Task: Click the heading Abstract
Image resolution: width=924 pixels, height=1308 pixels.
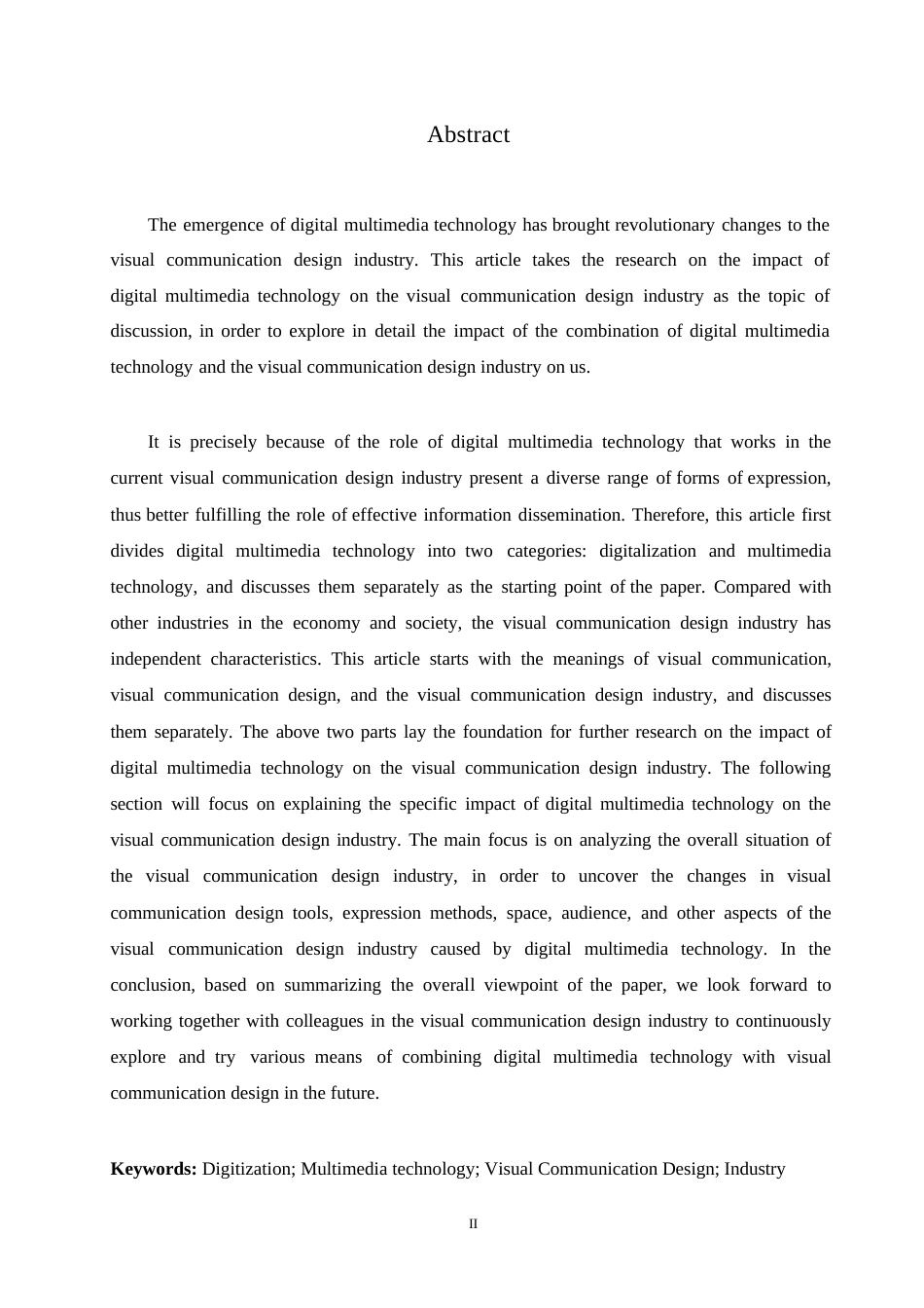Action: coord(468,134)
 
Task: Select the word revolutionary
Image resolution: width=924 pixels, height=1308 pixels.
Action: coord(664,225)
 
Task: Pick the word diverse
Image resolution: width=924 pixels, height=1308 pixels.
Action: coord(573,478)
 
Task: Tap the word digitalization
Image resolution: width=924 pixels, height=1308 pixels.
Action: coord(647,551)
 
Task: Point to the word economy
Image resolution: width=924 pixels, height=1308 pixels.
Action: coord(326,623)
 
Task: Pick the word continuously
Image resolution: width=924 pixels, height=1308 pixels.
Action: coord(783,1021)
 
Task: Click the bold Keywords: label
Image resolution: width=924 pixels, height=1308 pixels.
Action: coord(154,1169)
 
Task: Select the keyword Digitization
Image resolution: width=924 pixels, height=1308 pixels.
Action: coord(247,1169)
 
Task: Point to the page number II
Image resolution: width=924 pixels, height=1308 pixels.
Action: coord(474,1224)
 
